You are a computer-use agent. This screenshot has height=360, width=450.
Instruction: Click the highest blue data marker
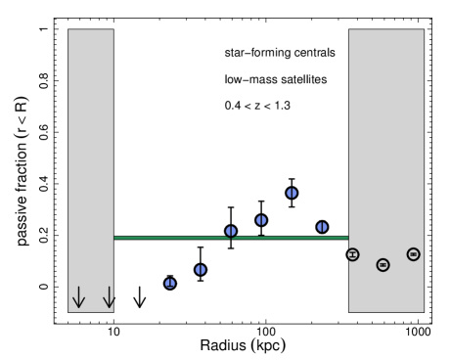tap(292, 193)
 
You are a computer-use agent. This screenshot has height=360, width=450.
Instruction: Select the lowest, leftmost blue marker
tap(170, 284)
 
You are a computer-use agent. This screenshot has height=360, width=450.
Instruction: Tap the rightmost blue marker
tap(322, 227)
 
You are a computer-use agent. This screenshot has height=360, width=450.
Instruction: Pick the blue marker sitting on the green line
tap(231, 232)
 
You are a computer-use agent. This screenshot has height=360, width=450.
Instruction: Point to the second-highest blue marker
tap(261, 220)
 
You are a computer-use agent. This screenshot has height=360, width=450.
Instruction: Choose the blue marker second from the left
tap(201, 270)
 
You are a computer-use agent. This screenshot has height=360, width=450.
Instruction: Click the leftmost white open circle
tap(140, 287)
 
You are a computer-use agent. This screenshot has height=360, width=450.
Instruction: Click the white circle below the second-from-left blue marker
tap(201, 287)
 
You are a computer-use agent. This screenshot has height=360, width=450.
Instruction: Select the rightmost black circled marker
tap(413, 254)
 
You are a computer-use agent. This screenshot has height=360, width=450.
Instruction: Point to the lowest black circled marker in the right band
tap(382, 265)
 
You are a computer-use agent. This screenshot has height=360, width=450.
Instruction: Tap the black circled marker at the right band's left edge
tap(352, 254)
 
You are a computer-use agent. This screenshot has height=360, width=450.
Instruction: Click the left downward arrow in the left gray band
tap(78, 297)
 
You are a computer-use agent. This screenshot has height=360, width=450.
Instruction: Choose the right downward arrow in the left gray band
tap(109, 297)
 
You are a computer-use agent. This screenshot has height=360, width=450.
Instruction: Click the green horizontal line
tap(176, 238)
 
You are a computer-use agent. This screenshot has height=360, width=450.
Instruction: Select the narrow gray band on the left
tap(90, 147)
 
